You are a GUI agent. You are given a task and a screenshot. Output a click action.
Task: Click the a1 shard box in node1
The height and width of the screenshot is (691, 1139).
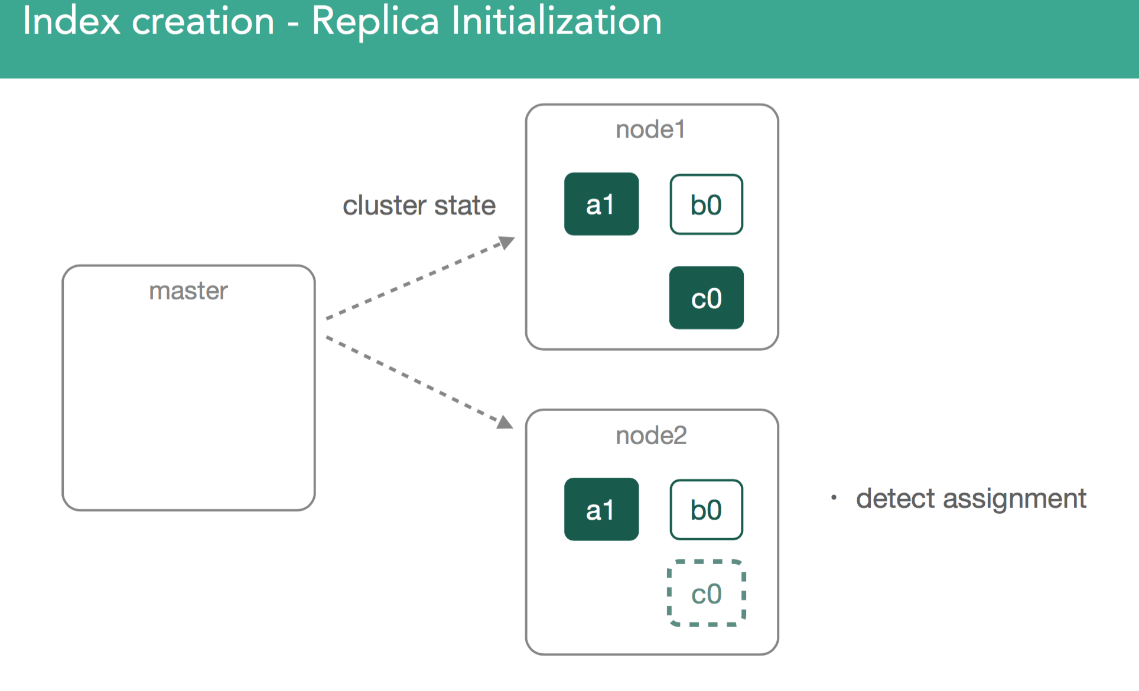[x=601, y=204]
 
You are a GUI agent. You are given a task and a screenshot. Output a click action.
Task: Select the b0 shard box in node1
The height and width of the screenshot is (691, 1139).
[x=707, y=204]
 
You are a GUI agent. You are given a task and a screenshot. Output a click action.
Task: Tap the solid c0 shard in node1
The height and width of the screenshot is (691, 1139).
[x=707, y=298]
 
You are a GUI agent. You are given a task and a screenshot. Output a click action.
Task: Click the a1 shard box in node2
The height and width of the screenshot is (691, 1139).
[x=601, y=509]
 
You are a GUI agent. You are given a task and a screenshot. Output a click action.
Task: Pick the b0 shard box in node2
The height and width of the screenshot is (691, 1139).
[x=707, y=510]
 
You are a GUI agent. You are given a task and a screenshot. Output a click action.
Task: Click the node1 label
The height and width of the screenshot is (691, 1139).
[x=650, y=129]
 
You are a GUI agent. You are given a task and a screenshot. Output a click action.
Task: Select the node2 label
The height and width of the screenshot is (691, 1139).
[x=651, y=435]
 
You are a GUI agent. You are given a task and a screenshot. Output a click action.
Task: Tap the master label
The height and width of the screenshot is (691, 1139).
[x=188, y=291]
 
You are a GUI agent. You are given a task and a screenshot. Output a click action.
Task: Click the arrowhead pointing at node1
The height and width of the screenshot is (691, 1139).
[x=507, y=242]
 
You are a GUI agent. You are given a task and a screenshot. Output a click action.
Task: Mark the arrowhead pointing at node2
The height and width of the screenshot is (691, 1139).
[x=505, y=422]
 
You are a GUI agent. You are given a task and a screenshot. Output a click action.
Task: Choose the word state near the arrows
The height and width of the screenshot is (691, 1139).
[x=465, y=206]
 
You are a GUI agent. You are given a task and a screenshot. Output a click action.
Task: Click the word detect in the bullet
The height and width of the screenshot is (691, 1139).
[x=896, y=498]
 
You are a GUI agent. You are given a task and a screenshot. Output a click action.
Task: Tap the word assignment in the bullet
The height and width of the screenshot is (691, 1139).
[x=1015, y=500]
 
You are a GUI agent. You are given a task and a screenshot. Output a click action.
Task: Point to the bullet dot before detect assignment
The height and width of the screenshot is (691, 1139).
[x=834, y=498]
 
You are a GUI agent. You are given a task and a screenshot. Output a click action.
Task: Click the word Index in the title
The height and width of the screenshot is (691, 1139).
[x=71, y=21]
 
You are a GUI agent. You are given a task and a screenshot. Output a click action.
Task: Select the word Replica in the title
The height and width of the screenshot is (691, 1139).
[x=375, y=22]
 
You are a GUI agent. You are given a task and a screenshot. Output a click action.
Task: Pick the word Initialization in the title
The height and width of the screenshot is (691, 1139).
[x=557, y=21]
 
